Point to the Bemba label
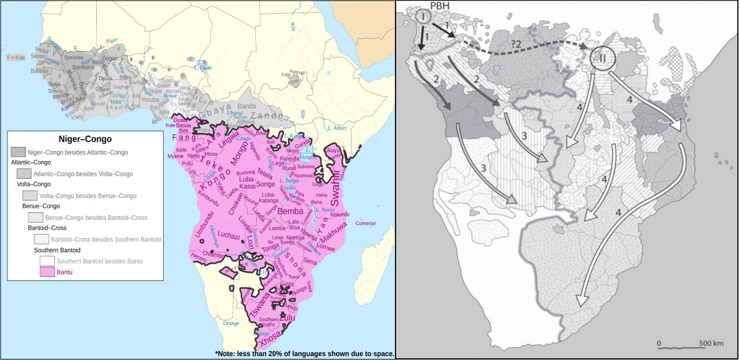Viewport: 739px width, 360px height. click(x=294, y=212)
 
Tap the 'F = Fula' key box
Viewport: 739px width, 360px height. click(x=15, y=58)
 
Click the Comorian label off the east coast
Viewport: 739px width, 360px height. click(x=366, y=223)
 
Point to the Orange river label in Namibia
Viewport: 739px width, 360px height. click(x=231, y=323)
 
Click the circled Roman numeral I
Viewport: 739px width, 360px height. click(x=423, y=17)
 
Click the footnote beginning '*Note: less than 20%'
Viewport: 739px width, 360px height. click(x=305, y=354)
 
